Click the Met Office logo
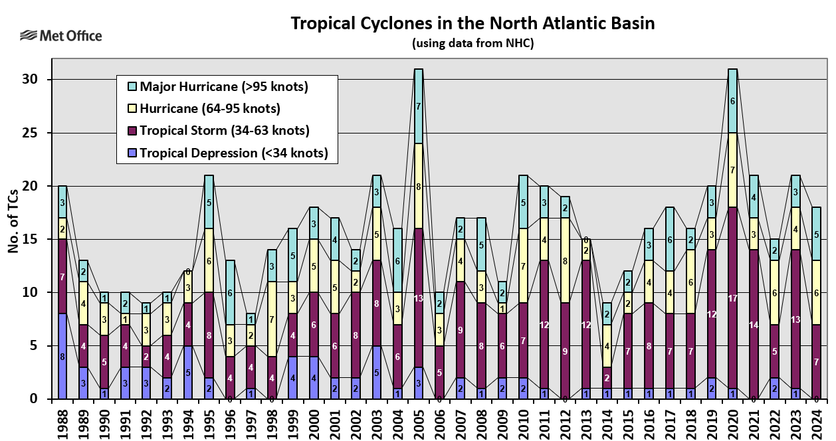coord(61,35)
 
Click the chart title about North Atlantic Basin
coord(472,24)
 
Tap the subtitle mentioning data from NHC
coord(472,44)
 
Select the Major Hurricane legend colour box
coord(132,87)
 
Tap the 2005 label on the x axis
coord(419,420)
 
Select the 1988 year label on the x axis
coord(62,420)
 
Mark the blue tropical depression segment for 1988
coord(62,356)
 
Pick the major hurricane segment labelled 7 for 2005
coord(419,106)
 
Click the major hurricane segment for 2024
coord(817,234)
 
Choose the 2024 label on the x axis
coord(817,420)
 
